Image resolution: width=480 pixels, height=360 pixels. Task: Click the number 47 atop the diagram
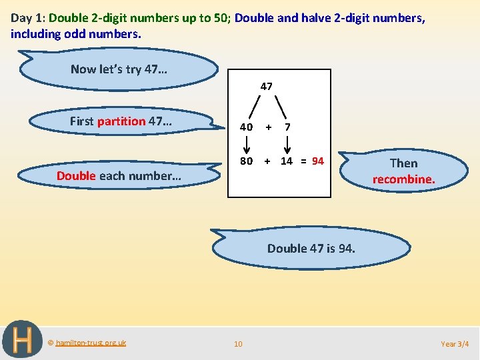click(x=266, y=86)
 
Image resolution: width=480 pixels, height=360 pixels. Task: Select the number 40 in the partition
click(x=247, y=127)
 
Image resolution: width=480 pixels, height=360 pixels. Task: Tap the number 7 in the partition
click(x=287, y=127)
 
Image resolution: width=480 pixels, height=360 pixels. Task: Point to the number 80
click(x=247, y=161)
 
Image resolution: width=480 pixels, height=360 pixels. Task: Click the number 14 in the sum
click(x=287, y=161)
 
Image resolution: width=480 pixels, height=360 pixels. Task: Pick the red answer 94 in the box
click(x=317, y=161)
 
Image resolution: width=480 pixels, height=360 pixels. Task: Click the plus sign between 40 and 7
click(x=267, y=127)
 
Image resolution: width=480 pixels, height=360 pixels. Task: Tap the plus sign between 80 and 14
click(x=267, y=161)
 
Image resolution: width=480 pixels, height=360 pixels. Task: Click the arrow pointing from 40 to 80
click(x=247, y=144)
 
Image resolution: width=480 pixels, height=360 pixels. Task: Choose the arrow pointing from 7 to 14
click(x=287, y=144)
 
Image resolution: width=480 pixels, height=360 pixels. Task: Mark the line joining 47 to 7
click(x=281, y=106)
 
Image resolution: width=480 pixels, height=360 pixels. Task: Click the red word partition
click(x=121, y=121)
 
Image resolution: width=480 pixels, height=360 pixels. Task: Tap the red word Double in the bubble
click(x=76, y=176)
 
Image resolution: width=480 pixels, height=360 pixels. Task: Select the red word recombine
click(x=403, y=179)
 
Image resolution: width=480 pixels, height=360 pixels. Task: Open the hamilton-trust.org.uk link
click(x=91, y=343)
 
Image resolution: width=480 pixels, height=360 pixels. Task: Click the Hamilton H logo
click(x=22, y=340)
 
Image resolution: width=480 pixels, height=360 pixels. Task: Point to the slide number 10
click(x=238, y=344)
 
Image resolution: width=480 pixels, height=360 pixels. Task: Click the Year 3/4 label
click(x=455, y=344)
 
